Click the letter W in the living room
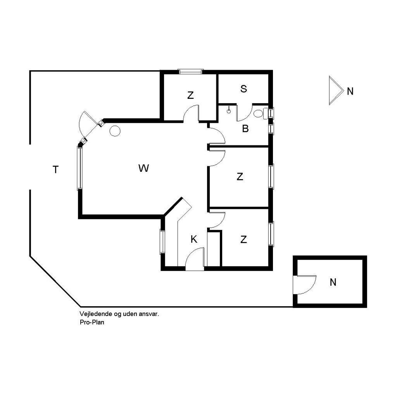143,168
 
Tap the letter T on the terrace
56,169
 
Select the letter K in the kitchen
194,240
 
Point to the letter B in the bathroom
245,129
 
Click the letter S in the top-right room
243,89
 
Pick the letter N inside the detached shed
333,282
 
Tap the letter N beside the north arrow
350,91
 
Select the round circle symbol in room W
115,131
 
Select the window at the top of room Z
190,71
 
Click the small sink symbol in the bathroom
229,110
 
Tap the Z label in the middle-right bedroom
240,177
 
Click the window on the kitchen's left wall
162,242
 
